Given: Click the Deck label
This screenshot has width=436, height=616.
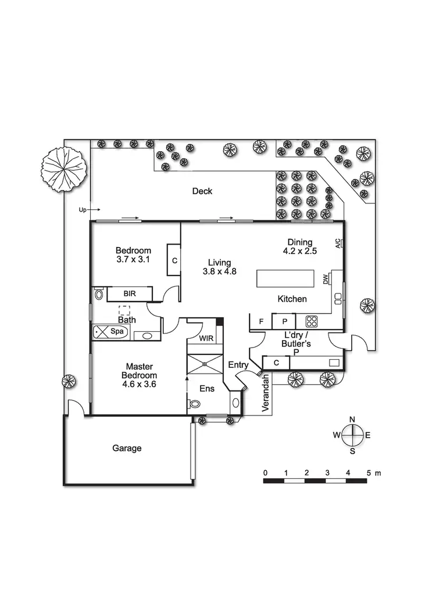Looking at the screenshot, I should pyautogui.click(x=202, y=191).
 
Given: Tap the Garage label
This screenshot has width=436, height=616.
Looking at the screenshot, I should pyautogui.click(x=127, y=448).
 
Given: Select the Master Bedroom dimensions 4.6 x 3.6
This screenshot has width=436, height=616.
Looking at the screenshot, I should pyautogui.click(x=139, y=384).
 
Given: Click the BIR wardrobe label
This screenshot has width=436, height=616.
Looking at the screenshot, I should pyautogui.click(x=129, y=294).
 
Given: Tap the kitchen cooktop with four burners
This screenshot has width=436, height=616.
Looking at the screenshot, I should pyautogui.click(x=311, y=321).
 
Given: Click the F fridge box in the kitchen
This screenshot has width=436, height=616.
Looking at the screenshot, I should pyautogui.click(x=262, y=321).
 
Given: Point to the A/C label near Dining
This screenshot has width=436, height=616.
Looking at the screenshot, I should pyautogui.click(x=338, y=244).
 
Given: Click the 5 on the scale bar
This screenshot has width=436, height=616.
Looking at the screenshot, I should pyautogui.click(x=368, y=473).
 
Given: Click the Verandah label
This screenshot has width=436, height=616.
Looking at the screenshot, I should pyautogui.click(x=266, y=393).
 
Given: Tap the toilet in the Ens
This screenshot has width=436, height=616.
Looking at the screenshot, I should pyautogui.click(x=194, y=405).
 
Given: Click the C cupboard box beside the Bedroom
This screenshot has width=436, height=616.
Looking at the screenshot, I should pyautogui.click(x=174, y=261).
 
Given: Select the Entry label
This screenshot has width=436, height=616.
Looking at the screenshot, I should pyautogui.click(x=238, y=365).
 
